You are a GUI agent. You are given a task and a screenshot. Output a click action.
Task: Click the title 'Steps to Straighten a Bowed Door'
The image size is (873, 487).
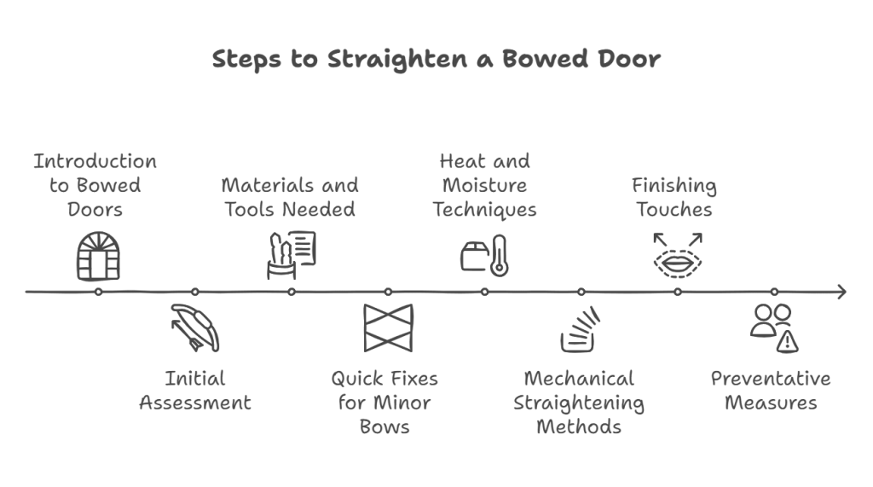pos(436,59)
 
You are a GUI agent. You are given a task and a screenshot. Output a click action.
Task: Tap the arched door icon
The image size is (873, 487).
pos(98,256)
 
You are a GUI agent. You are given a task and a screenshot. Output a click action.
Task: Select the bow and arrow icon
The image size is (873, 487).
pos(195,328)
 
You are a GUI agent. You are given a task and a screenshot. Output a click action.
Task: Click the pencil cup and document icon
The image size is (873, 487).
pos(291,254)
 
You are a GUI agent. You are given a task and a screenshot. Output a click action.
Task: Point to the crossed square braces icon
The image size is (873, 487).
pos(388,328)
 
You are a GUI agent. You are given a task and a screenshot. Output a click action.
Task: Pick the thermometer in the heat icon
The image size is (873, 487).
pos(499,256)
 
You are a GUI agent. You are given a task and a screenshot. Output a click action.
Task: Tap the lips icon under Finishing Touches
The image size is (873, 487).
pos(677,261)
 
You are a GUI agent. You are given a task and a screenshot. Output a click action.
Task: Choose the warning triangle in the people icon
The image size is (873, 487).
pos(789,342)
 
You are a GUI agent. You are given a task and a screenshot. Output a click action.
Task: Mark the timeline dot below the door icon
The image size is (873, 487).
pos(99,292)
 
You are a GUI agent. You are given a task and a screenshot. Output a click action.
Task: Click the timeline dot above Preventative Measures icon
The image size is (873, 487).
pos(774,292)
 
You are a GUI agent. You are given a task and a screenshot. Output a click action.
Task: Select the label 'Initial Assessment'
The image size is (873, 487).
pos(195,390)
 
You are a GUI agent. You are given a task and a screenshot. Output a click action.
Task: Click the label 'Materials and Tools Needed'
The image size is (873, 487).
pos(290,197)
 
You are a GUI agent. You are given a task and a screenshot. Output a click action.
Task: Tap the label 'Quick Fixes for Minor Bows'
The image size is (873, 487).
pos(384,402)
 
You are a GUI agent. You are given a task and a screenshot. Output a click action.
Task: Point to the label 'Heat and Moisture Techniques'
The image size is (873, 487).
pos(484,185)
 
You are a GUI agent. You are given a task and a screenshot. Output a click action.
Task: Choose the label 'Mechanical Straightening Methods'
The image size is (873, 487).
pos(579,402)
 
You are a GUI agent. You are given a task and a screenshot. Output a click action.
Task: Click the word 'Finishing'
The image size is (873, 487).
pos(674,185)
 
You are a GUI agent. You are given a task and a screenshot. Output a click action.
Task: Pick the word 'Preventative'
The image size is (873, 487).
pos(771,378)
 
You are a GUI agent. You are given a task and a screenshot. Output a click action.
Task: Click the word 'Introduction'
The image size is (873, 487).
pos(95,161)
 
